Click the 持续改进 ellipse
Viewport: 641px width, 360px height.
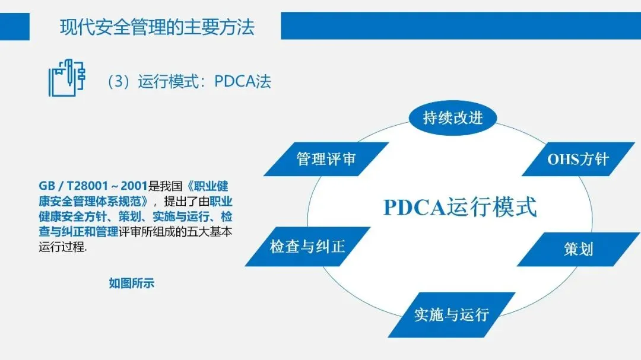453,117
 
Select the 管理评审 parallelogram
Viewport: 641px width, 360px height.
326,159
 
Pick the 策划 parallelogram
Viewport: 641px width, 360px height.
578,249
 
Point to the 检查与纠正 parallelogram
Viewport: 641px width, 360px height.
307,246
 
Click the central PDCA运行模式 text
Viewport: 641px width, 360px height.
460,207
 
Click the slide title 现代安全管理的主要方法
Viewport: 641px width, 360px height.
157,27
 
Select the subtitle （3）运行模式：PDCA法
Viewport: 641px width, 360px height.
189,81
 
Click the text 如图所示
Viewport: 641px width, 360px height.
131,283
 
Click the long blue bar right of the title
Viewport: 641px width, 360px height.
461,26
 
